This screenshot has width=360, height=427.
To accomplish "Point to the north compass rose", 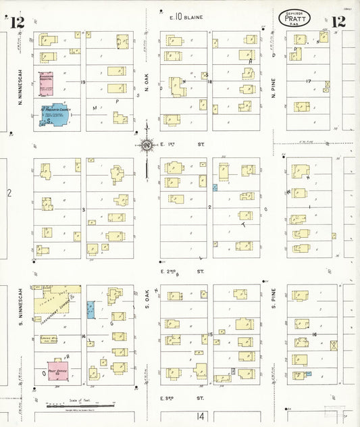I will [147, 144].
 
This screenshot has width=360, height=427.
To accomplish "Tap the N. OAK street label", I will [147, 82].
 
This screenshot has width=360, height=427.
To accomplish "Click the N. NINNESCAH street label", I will [22, 81].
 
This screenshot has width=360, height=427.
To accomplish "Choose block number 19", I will [83, 82].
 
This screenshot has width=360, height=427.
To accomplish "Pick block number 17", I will [308, 82].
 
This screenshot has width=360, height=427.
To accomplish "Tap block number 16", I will [314, 335].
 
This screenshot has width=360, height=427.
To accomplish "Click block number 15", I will [211, 334].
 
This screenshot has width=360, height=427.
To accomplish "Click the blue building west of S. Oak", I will [91, 310].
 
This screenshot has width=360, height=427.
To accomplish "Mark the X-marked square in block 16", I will [333, 345].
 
